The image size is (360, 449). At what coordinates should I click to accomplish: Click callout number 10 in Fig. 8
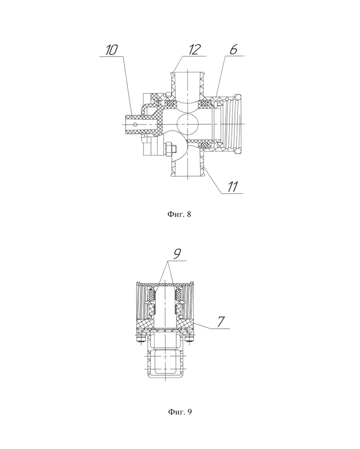(111, 50)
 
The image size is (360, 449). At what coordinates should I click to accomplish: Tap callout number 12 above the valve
(194, 49)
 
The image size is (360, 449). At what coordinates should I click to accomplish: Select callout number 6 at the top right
(234, 49)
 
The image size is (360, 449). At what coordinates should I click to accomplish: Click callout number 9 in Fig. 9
(177, 254)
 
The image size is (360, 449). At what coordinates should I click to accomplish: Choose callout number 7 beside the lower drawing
(221, 322)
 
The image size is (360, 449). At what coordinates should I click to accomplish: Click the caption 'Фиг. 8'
(179, 214)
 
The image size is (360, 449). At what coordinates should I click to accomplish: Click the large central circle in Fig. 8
(186, 124)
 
